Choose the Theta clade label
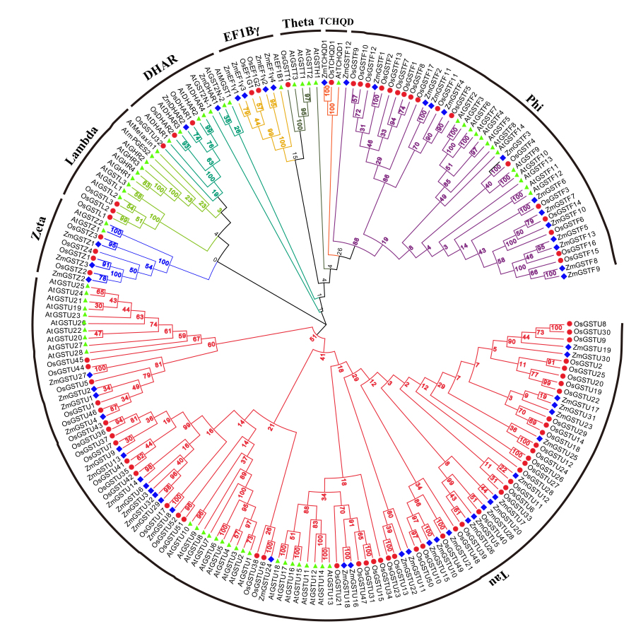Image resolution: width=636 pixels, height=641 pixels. (298, 23)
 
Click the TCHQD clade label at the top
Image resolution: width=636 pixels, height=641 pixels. (336, 22)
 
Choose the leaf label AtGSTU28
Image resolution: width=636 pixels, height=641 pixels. (64, 352)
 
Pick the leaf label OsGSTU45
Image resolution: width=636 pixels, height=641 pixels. (65, 360)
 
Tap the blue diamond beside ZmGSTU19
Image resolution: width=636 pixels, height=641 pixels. (567, 349)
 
